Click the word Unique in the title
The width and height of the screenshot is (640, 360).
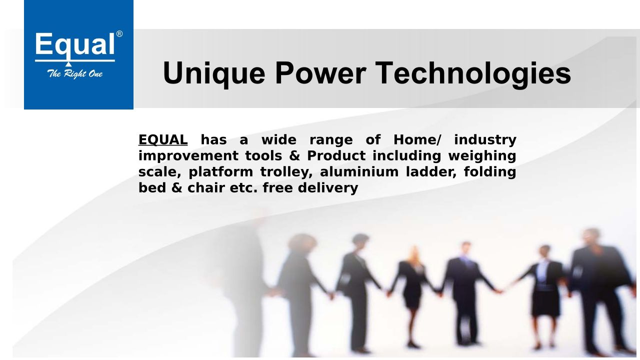[214, 73]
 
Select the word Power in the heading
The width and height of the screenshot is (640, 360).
[320, 73]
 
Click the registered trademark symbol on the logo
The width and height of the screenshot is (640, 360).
[119, 34]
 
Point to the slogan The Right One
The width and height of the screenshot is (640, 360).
[75, 74]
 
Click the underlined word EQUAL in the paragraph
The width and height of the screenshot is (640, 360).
[163, 139]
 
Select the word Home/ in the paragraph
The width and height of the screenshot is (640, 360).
[417, 139]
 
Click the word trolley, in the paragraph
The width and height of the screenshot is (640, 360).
[286, 172]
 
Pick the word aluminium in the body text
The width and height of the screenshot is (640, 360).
[359, 171]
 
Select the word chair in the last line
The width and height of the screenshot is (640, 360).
[206, 188]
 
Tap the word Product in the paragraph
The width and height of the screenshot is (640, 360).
[336, 155]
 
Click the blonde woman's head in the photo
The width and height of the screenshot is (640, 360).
[414, 253]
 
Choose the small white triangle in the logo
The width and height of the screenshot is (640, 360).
[68, 64]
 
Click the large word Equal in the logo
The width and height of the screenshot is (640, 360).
[75, 45]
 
